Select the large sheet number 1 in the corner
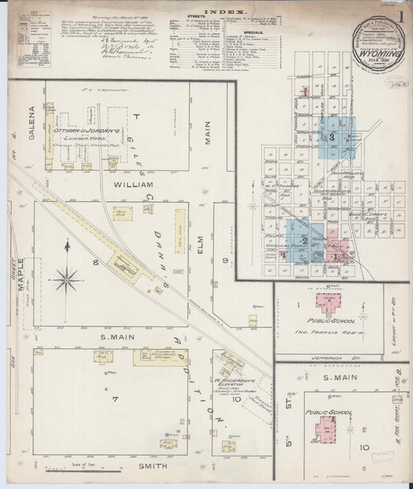(x=401, y=15)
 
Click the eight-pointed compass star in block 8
(x=67, y=276)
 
